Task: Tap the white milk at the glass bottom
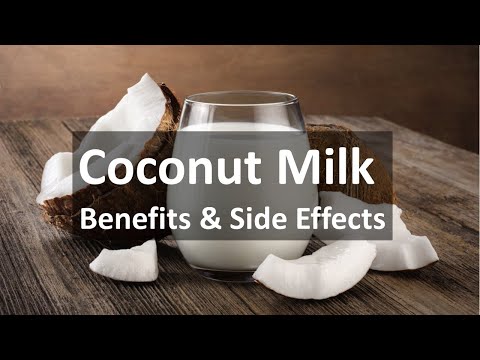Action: pyautogui.click(x=241, y=258)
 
